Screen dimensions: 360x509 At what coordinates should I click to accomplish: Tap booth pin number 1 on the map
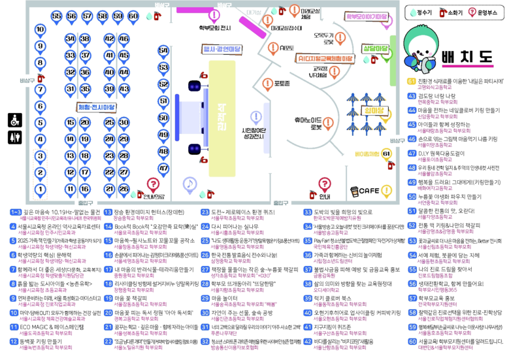40,189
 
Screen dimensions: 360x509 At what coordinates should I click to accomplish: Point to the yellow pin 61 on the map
387,154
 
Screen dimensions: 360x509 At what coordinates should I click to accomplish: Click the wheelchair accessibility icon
14,120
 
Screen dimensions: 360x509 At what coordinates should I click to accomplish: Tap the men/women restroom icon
14,138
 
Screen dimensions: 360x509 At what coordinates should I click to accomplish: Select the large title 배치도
466,57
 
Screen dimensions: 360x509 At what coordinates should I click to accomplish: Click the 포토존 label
282,84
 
